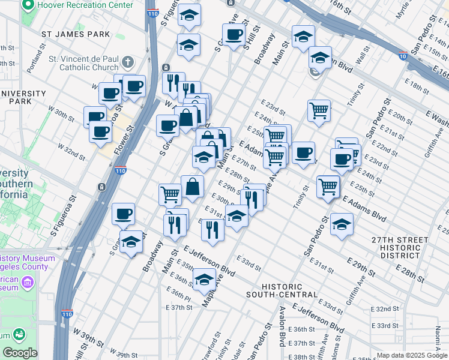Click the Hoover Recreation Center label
point(85,5)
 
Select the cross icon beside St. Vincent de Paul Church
point(128,62)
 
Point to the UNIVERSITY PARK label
point(23,97)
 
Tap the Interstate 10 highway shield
point(402,55)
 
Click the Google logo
point(20,353)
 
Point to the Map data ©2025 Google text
point(411,355)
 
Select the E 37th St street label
point(178,307)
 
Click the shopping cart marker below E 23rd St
point(319,110)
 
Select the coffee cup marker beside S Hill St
point(234,34)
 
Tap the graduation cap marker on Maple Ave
point(204,278)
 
